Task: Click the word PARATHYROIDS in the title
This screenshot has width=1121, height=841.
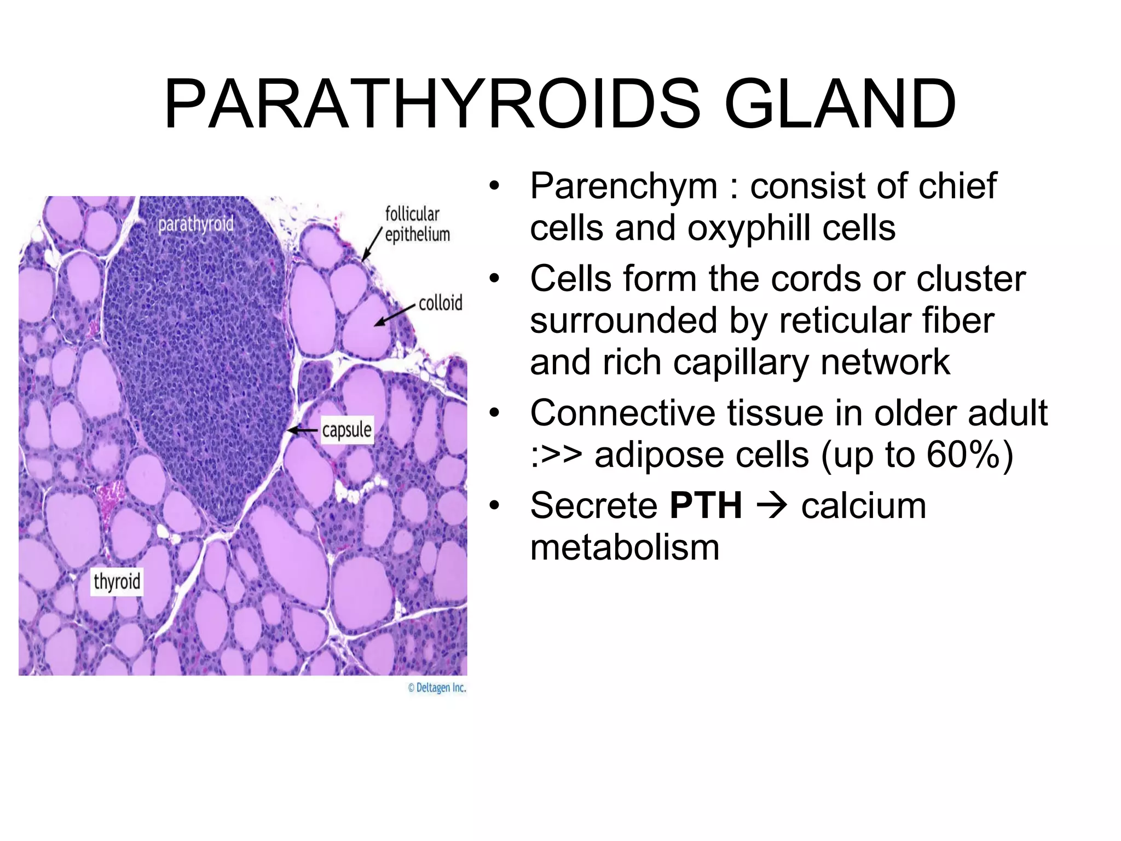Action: [x=432, y=104]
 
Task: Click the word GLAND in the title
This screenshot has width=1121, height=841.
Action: [x=840, y=104]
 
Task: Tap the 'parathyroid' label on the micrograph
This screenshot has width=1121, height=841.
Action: [x=195, y=224]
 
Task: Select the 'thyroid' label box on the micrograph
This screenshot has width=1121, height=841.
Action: [x=117, y=581]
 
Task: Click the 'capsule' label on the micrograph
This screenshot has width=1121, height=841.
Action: [x=346, y=430]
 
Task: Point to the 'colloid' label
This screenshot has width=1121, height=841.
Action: [x=440, y=303]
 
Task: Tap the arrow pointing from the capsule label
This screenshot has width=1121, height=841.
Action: [x=303, y=430]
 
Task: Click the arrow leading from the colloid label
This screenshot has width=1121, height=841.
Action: [x=394, y=315]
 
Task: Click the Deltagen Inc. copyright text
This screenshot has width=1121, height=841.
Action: [x=437, y=688]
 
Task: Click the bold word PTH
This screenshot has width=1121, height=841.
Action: [x=706, y=505]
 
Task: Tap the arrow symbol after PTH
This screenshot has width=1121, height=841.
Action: [x=772, y=505]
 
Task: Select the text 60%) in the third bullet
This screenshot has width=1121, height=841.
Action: [x=969, y=455]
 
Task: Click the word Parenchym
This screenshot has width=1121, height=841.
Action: [x=623, y=186]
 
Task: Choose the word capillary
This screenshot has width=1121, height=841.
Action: [x=741, y=363]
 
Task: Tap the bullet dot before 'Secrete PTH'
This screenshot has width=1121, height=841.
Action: [x=494, y=505]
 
